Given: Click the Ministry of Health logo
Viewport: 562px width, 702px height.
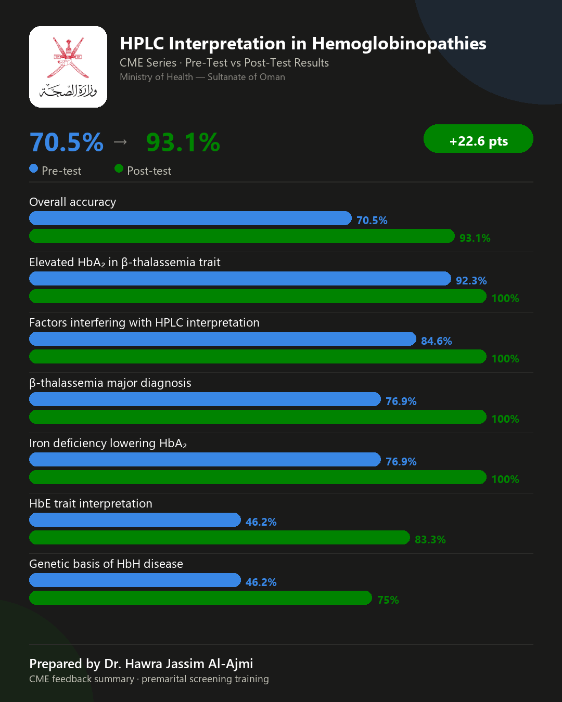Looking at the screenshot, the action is [68, 67].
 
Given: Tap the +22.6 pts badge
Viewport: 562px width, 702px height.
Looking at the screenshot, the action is [478, 139].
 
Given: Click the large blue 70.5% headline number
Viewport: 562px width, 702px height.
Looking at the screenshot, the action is [67, 142].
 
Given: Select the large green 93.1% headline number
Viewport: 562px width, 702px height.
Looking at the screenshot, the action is [183, 142].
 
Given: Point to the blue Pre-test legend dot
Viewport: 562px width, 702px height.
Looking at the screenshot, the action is [34, 168].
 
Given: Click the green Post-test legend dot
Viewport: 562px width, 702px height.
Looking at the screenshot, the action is [119, 168].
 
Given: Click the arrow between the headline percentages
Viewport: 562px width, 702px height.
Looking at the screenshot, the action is [120, 142].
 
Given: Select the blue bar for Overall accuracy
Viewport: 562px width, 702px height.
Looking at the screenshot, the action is [190, 218].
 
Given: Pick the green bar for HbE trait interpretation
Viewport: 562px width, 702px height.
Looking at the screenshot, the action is [220, 538].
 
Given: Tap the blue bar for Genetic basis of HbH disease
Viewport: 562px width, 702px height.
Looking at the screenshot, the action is [135, 580].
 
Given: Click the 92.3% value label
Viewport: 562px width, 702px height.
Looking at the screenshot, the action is [471, 280].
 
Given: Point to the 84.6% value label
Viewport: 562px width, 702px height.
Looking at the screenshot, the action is [436, 341].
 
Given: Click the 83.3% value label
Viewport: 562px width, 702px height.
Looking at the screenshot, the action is [430, 540].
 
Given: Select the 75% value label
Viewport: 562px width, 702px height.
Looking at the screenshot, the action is [388, 600].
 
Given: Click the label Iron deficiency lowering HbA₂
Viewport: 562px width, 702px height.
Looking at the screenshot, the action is [108, 444].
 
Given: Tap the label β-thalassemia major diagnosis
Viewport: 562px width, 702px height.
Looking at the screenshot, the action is [110, 383].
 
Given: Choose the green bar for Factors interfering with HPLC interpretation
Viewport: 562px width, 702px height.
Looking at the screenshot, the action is [258, 357].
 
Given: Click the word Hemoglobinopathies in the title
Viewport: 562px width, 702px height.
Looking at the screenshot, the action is [399, 44].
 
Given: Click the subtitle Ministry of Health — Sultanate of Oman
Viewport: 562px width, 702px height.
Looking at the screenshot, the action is [202, 77].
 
